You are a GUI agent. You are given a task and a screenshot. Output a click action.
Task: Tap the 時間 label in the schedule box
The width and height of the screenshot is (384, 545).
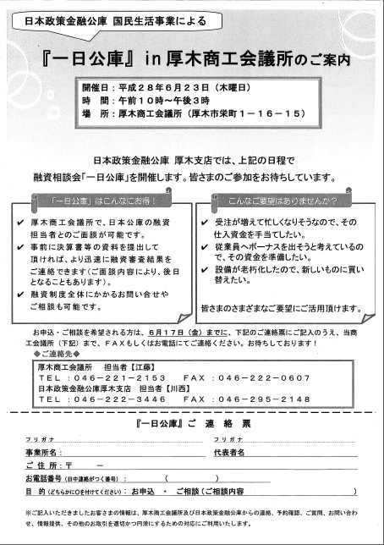[92, 101]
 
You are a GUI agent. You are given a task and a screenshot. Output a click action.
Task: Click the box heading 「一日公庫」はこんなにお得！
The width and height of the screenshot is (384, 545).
[100, 203]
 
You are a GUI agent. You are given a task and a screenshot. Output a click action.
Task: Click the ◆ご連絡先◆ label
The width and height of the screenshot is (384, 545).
[56, 355]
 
